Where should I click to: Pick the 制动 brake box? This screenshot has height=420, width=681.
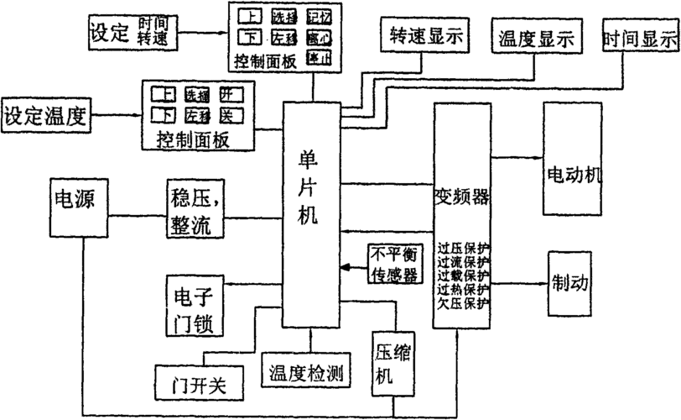(572, 281)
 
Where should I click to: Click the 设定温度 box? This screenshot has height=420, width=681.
(47, 112)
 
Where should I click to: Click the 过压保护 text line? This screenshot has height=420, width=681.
(463, 249)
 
